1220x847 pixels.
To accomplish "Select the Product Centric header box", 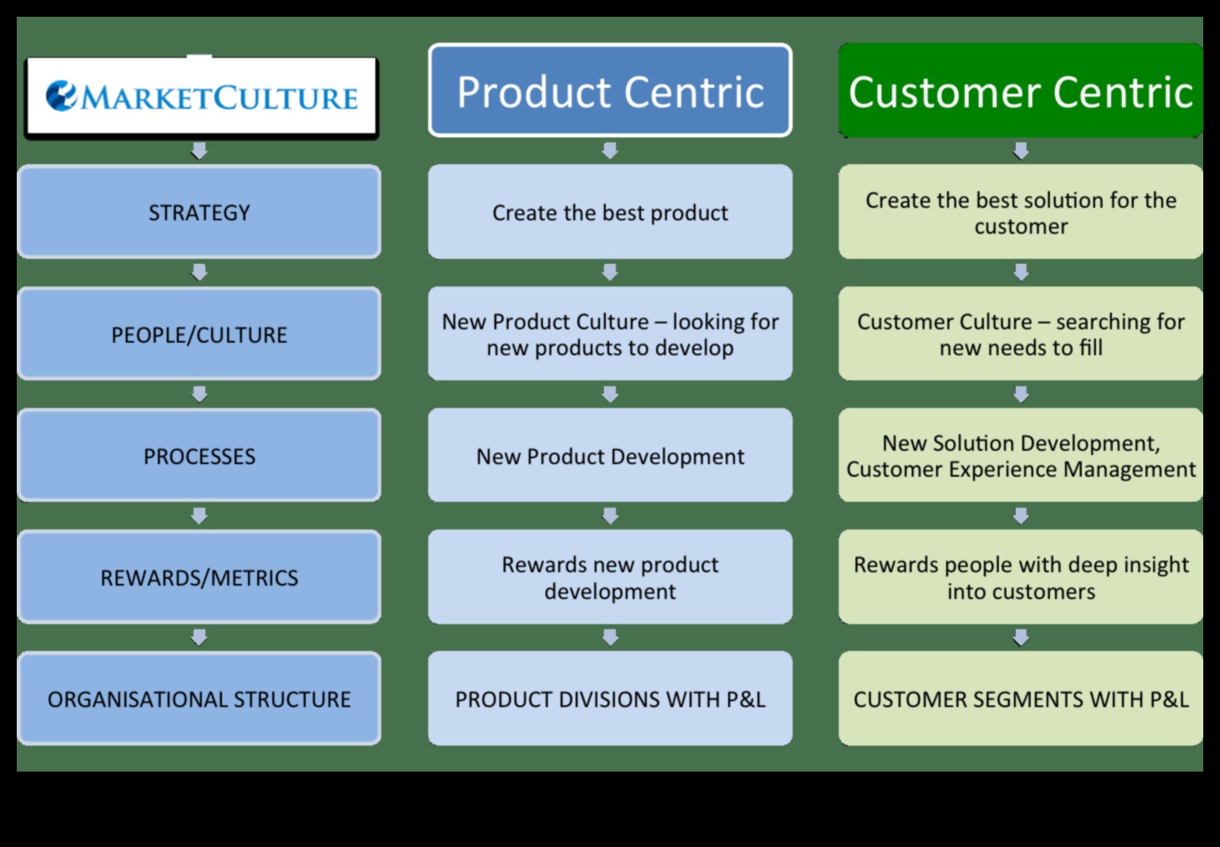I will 610,90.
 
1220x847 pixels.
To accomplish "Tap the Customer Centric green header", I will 1020,90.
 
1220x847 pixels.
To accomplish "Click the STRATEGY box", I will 199,212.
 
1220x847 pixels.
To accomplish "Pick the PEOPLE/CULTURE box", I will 199,334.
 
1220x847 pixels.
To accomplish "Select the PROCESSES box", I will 199,456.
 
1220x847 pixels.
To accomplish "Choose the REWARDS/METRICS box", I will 199,577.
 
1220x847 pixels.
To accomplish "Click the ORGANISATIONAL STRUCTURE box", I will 199,699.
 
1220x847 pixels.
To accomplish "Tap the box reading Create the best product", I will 610,212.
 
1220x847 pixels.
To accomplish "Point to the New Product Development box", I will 610,456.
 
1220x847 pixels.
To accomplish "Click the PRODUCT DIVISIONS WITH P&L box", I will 610,699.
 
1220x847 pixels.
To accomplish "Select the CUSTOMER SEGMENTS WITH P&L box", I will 1020,699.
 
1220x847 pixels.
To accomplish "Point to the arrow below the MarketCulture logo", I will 199,151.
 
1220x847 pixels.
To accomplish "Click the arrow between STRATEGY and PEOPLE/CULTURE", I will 199,272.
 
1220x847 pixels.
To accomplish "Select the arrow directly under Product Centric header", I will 610,151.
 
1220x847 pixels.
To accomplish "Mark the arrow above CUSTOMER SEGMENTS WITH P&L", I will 1021,638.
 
